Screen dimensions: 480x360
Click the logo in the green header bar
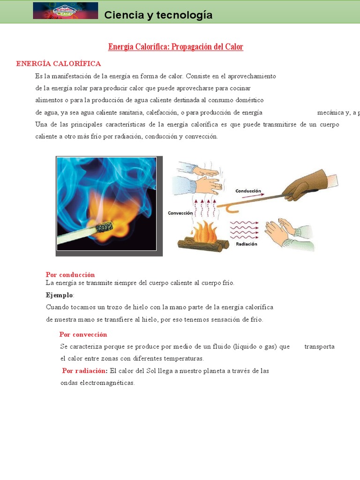click(65, 11)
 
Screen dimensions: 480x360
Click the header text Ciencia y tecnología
click(158, 15)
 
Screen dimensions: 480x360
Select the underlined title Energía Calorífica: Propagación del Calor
click(176, 47)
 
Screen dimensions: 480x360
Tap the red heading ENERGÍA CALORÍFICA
click(59, 64)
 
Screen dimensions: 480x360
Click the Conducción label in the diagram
click(248, 191)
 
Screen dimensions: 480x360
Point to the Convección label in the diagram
click(180, 213)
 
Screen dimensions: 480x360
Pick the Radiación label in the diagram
click(247, 244)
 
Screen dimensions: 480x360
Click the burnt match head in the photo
click(104, 227)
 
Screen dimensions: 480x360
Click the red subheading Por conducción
click(70, 275)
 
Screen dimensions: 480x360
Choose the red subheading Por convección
click(83, 334)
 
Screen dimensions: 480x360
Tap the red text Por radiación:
click(85, 371)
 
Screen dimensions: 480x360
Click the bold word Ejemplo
click(60, 295)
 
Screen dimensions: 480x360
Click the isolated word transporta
click(319, 346)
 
